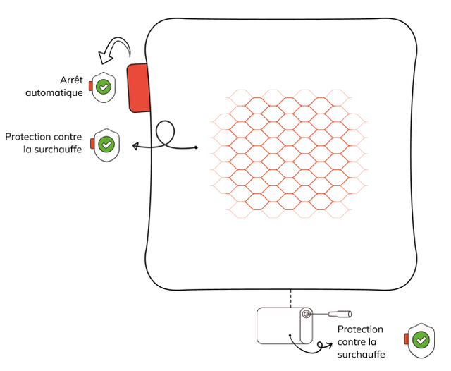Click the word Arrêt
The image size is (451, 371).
point(72,80)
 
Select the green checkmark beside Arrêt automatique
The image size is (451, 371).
point(104,87)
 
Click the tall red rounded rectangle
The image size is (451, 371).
point(139,87)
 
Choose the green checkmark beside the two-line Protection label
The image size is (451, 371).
point(106,144)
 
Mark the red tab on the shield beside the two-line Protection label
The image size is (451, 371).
point(92,144)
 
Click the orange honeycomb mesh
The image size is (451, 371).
point(289,152)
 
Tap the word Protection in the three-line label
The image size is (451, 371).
point(360,329)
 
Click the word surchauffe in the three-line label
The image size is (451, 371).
point(362,354)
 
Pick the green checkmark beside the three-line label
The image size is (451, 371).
point(421,340)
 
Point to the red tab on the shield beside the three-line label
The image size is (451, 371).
point(407,340)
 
